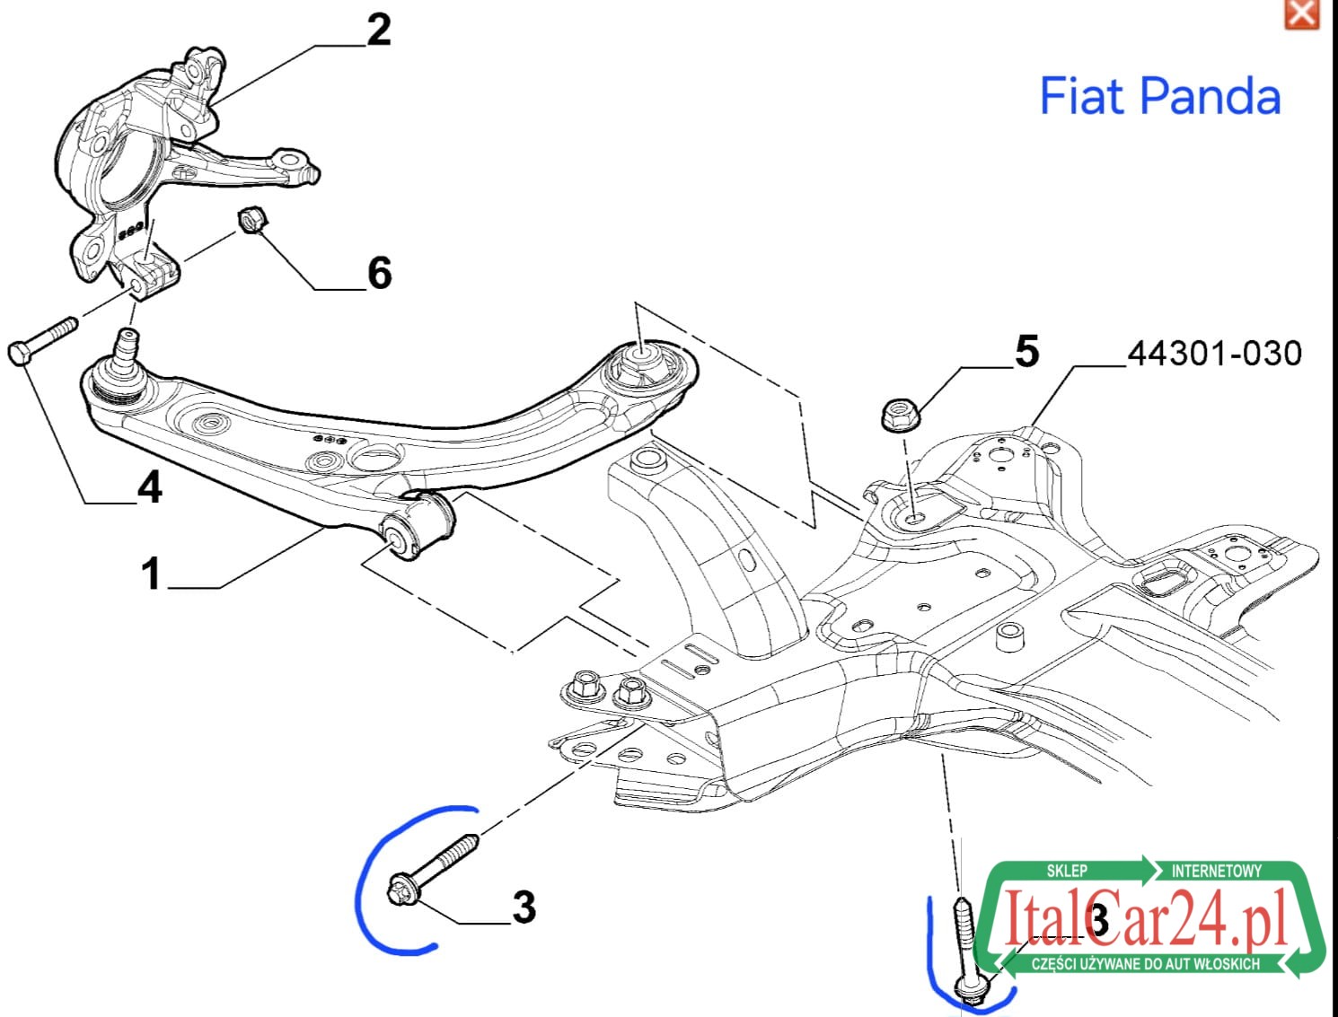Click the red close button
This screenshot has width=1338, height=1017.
pyautogui.click(x=1301, y=13)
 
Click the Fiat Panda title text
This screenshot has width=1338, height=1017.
pyautogui.click(x=1159, y=96)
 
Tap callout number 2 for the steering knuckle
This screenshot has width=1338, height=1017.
pyautogui.click(x=379, y=30)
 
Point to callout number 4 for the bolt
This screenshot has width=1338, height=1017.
pyautogui.click(x=150, y=487)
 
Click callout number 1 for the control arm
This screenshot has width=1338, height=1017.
pyautogui.click(x=151, y=573)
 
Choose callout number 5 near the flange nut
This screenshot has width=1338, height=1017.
pyautogui.click(x=1026, y=351)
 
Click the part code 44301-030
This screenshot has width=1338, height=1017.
pyautogui.click(x=1214, y=354)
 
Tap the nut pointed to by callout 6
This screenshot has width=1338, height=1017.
pyautogui.click(x=251, y=221)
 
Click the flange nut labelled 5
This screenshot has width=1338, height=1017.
pyautogui.click(x=900, y=415)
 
